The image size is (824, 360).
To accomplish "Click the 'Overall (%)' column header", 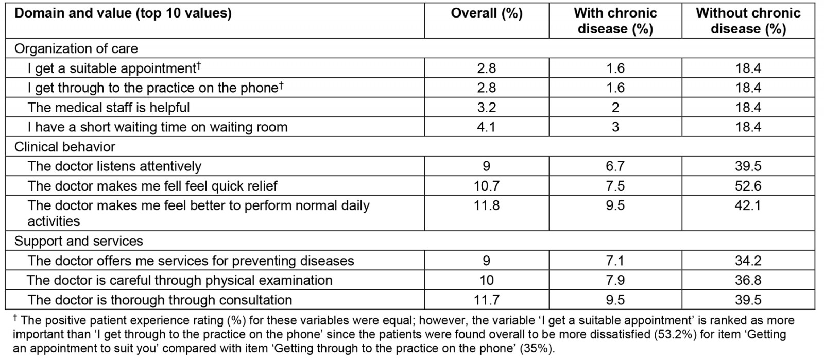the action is coord(486,13).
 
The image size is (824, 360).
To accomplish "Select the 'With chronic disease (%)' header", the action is coord(615,21).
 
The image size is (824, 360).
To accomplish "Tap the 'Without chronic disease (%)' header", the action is coord(748,21).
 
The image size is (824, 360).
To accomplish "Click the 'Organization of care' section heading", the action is coord(76,48).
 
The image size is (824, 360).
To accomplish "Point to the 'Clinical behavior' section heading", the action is coord(65,147).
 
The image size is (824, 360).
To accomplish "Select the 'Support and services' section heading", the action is coord(79,241).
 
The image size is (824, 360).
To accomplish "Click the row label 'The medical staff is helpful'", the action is coord(109,108).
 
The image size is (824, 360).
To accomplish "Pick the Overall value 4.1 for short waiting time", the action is coord(486,127).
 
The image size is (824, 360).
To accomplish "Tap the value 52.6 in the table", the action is coord(748,186).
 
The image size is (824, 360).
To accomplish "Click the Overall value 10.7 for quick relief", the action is coord(486,186).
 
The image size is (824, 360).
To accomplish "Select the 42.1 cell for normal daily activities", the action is coord(748,205).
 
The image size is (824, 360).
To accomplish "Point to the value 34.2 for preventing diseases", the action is coord(748,261).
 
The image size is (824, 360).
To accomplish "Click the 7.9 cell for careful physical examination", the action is coord(615,280).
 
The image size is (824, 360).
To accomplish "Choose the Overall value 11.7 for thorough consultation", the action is coord(486,300).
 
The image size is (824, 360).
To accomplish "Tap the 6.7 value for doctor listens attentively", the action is coord(615,166).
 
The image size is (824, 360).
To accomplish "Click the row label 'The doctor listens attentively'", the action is coord(114,166).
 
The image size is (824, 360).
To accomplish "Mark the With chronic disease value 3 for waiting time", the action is coord(615,127).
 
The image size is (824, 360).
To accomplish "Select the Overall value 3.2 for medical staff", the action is coord(486,108).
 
